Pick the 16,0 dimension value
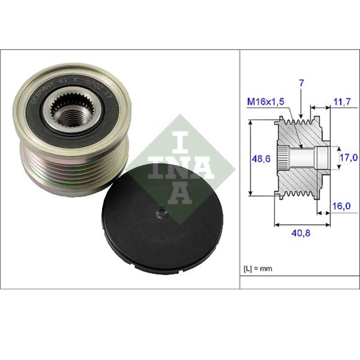point(341,206)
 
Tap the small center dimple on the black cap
point(161,212)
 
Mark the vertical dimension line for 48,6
point(250,157)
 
